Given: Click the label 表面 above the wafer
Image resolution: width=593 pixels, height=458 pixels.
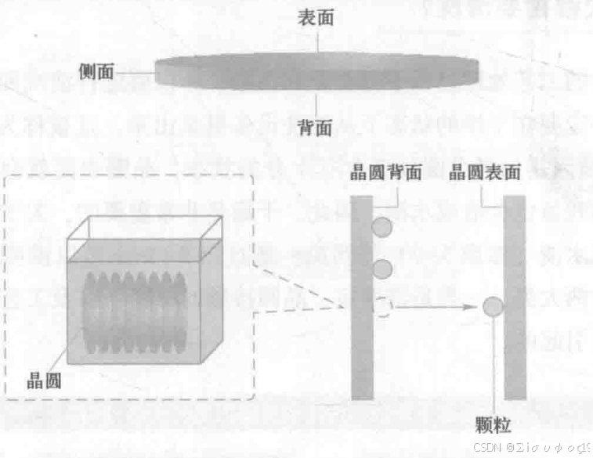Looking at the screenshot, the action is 316,17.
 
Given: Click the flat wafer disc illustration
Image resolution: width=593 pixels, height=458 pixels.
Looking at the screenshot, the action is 316,71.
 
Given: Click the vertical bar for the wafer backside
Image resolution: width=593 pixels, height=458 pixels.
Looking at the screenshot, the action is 361,298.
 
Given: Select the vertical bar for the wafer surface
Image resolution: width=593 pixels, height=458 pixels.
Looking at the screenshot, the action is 515,298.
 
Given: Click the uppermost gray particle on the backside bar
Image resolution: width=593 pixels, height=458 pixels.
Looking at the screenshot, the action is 381,228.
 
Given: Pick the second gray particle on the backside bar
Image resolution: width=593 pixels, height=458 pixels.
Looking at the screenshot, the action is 382,270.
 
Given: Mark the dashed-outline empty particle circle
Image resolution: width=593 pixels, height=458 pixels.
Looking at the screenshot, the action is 381,307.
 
